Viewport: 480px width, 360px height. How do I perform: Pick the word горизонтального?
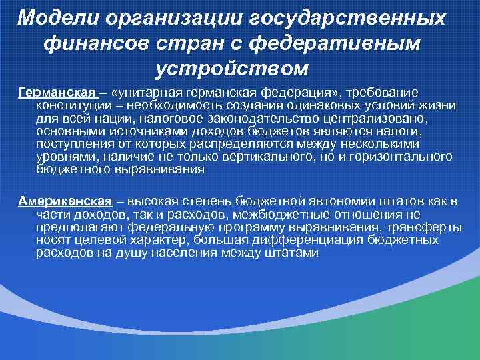click(x=395, y=157)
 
